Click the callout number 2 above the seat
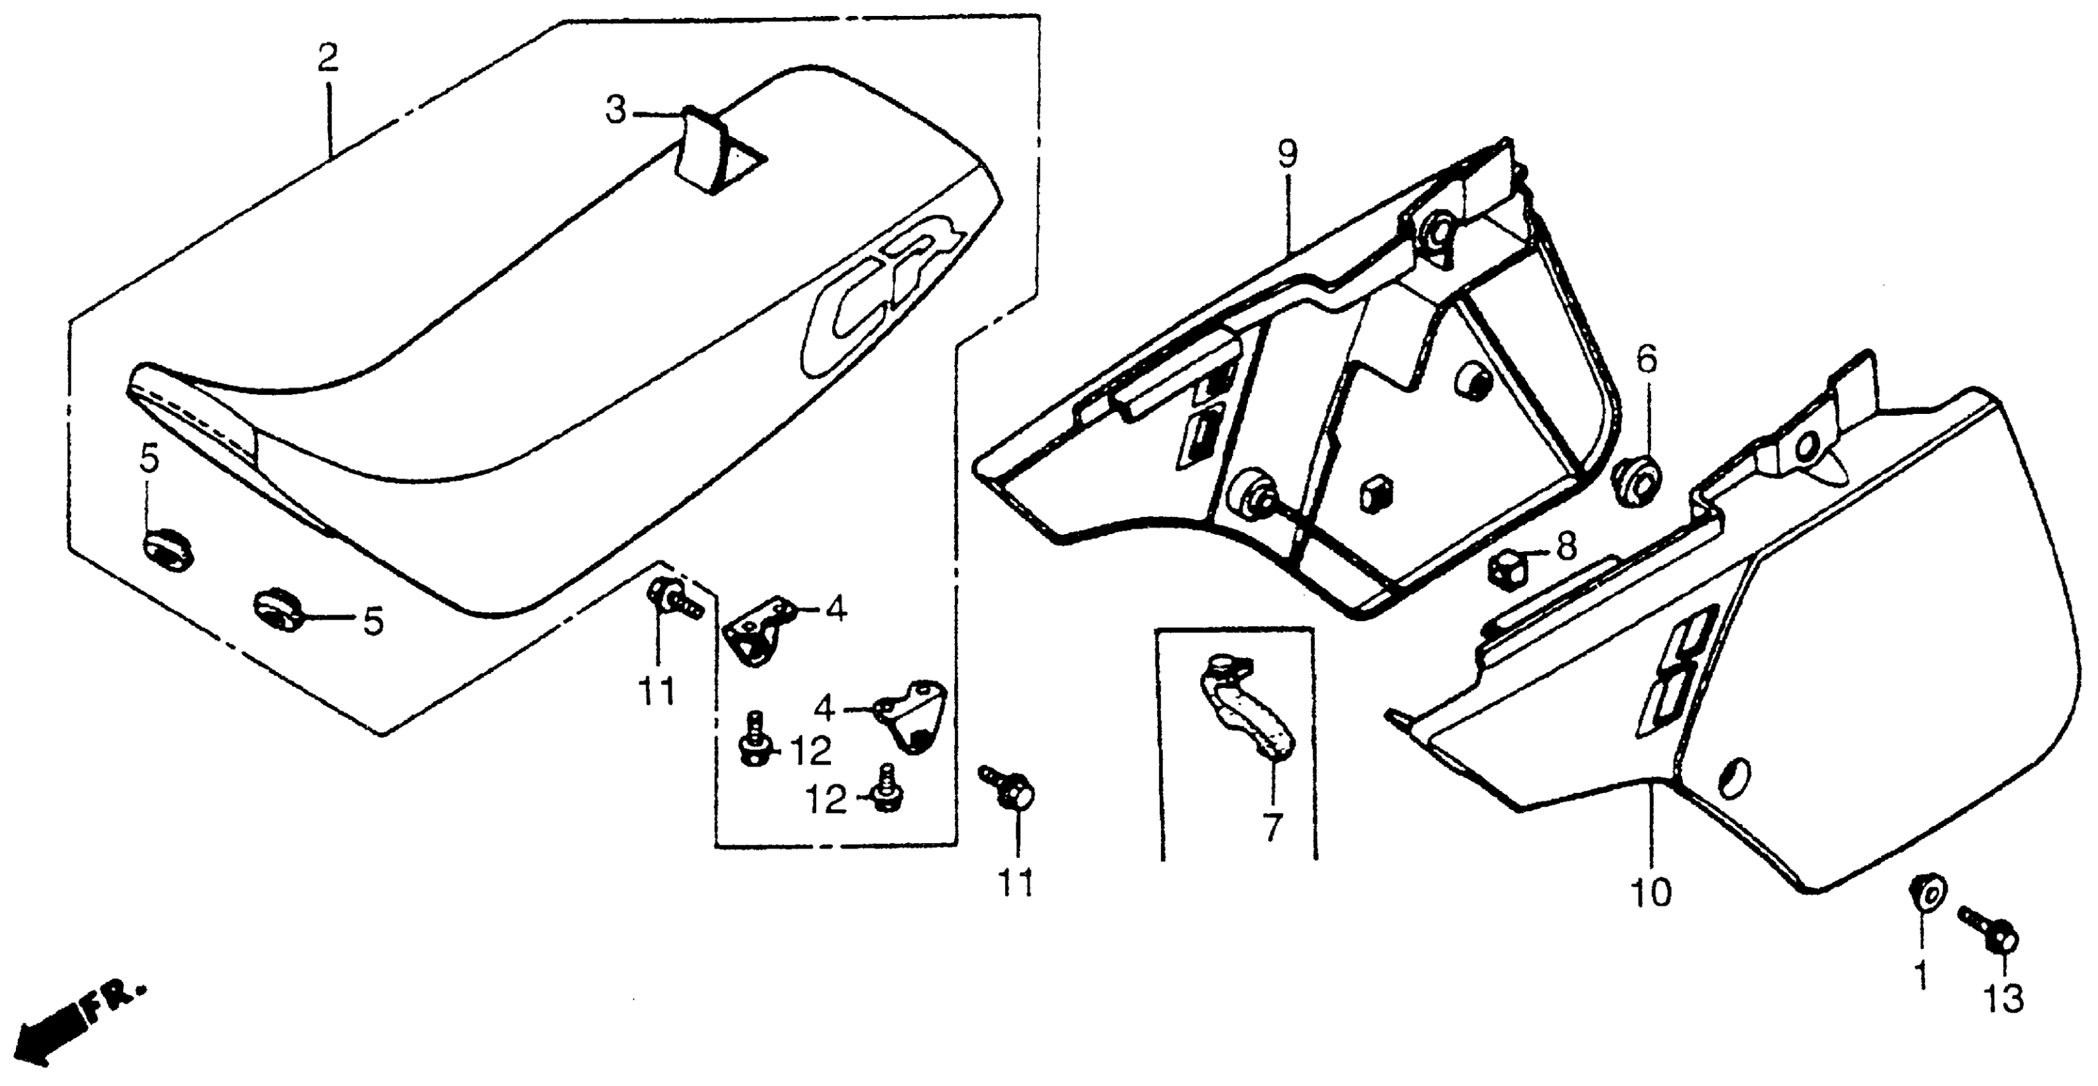(x=328, y=59)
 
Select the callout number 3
(x=616, y=111)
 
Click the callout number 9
(x=1288, y=155)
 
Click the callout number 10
(x=1651, y=893)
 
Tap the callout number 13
(x=2003, y=999)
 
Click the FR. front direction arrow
(x=73, y=1023)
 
